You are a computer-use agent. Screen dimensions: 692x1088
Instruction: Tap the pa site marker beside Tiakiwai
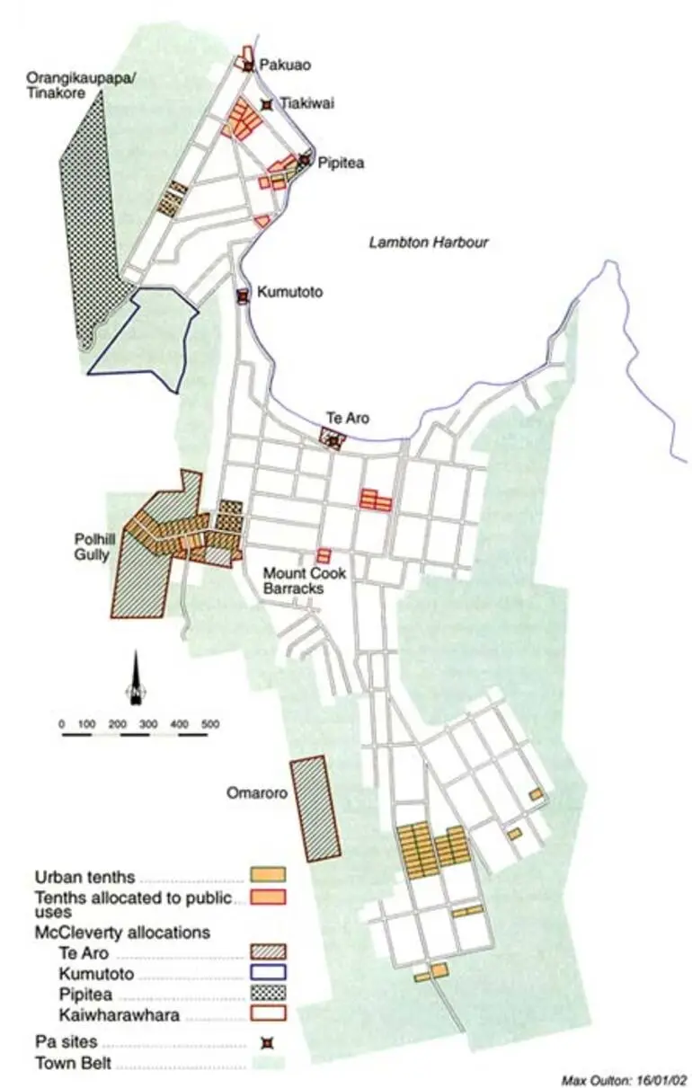(x=266, y=104)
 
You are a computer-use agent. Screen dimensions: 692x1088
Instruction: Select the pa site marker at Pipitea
(x=305, y=160)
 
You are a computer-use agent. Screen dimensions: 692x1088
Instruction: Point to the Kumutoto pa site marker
(x=242, y=296)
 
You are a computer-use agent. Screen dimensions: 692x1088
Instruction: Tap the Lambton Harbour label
(x=429, y=243)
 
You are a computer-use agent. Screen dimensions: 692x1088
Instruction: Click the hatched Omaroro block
(x=315, y=809)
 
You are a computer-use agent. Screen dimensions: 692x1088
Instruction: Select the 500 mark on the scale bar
(x=209, y=723)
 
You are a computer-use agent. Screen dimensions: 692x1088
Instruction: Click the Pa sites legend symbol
(x=267, y=1043)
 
